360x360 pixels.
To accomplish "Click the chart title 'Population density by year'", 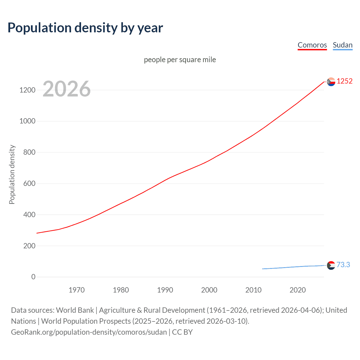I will coord(85,28).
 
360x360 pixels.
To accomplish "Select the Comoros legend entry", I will coord(312,45).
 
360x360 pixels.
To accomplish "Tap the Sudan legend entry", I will coord(343,45).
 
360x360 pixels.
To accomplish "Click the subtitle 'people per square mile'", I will coord(180,60).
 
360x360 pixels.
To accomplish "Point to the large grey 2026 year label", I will coord(67,89).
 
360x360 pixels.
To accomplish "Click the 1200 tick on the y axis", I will coord(27,90).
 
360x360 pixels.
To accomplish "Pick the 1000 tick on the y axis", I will coord(27,121).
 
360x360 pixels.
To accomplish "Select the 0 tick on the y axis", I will coord(33,277).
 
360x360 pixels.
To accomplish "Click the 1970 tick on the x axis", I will coord(76,290).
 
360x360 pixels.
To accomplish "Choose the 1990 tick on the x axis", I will coord(165,290).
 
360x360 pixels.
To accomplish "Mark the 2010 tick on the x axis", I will coord(253,290).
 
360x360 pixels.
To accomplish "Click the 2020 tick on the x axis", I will coord(298,290).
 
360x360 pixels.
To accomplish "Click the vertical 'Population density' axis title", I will coord(12,174).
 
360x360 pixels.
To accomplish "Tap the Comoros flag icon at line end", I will coord(331,82).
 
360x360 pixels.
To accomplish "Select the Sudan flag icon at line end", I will coord(331,265).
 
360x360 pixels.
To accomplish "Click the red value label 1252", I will coord(345,81).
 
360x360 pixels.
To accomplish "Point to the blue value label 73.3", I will coord(343,265).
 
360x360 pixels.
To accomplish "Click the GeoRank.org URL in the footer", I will coord(89,332).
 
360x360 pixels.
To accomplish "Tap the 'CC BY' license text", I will coord(182,332).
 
